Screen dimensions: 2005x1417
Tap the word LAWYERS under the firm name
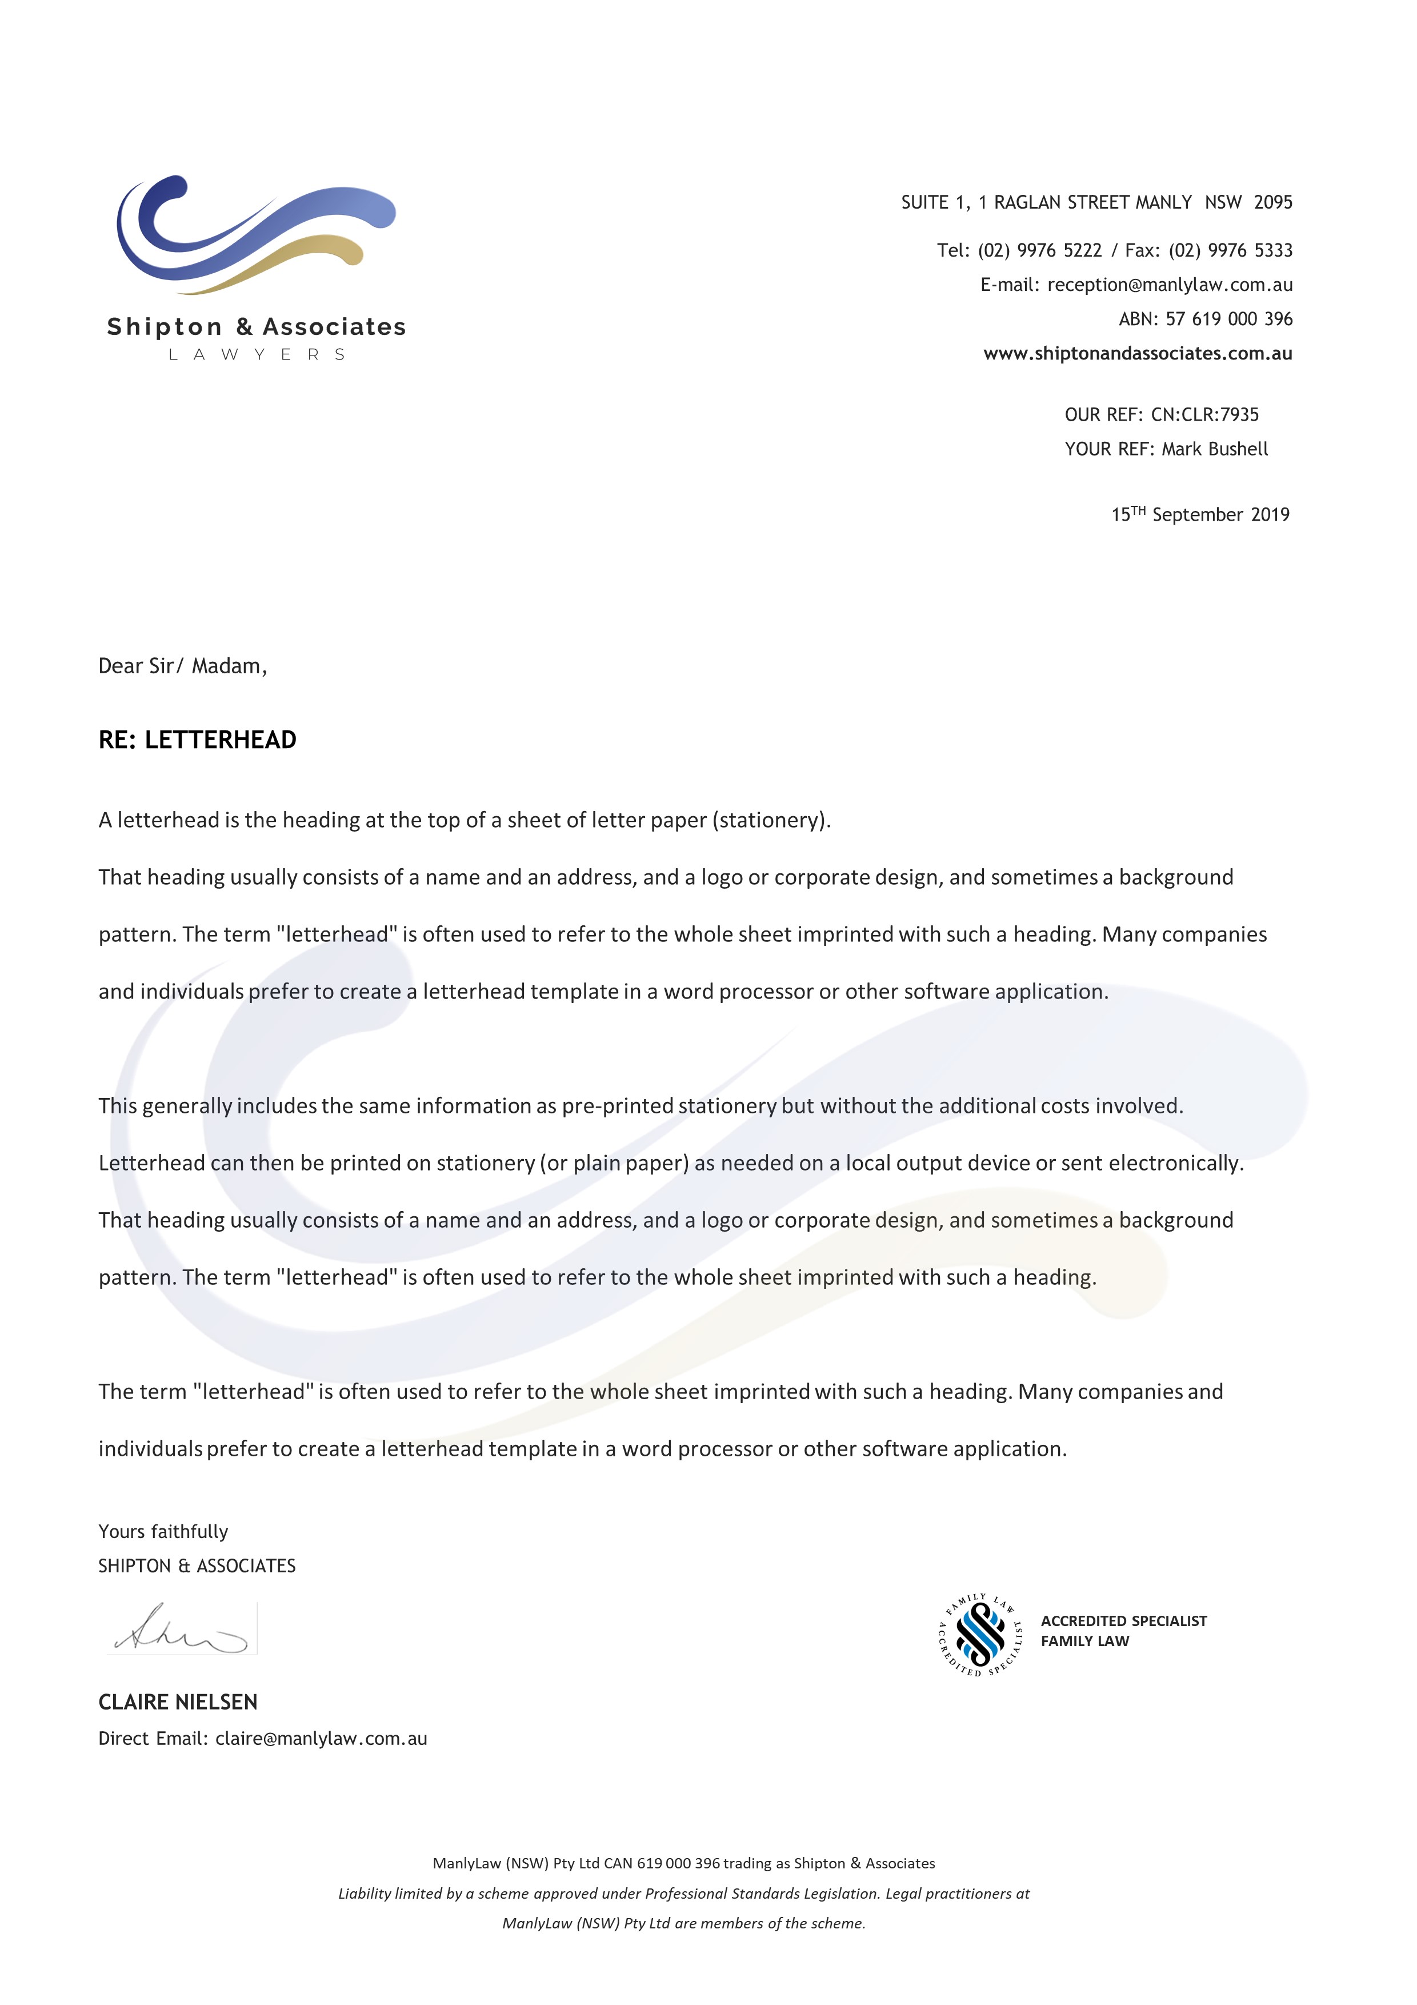pos(257,354)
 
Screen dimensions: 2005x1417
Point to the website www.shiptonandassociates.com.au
pos(1137,354)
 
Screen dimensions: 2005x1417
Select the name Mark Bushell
pos(1214,449)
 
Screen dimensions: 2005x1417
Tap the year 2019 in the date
pos(1270,514)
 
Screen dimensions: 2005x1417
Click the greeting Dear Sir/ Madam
pos(182,666)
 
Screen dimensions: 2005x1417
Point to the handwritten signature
pos(182,1628)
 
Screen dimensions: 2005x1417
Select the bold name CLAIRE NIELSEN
pos(178,1702)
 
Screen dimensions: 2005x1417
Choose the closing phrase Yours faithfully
pos(163,1532)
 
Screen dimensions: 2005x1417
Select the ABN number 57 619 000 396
pos(1228,319)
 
